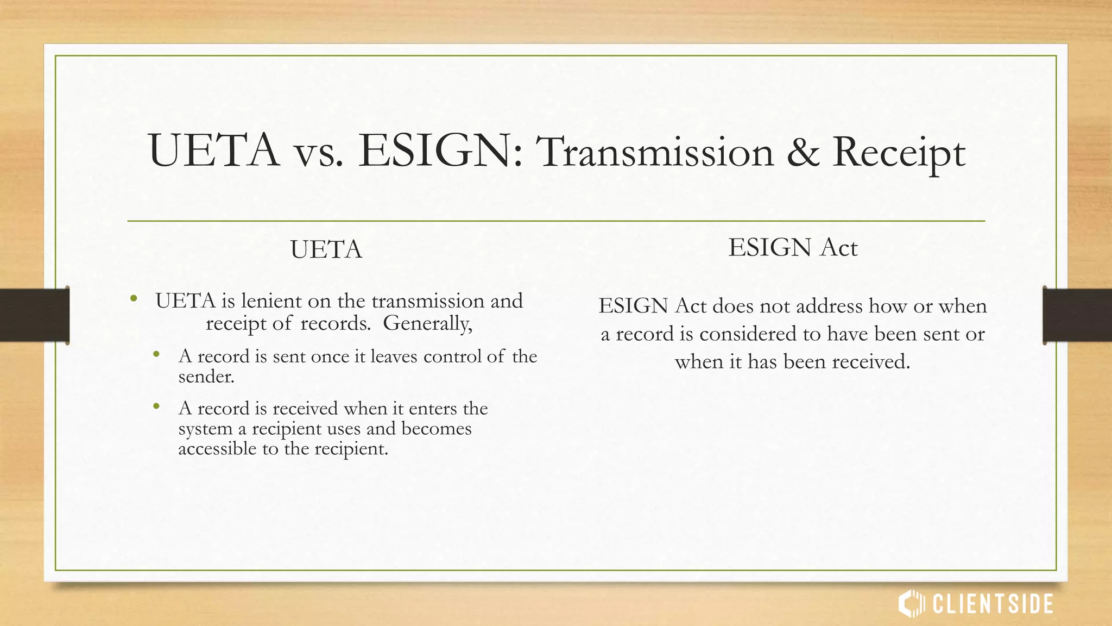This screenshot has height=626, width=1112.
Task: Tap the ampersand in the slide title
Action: [803, 153]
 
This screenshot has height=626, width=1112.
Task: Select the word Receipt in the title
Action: [899, 154]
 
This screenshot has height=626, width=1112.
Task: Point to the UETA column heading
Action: [326, 250]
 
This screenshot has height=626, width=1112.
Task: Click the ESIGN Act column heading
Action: [793, 248]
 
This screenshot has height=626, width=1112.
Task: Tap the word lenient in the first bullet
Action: [271, 301]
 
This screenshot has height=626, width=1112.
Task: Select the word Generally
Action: [427, 324]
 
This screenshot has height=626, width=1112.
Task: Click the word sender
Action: [206, 377]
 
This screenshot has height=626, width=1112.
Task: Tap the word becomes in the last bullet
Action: [436, 429]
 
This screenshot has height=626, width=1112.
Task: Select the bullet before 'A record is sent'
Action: [156, 354]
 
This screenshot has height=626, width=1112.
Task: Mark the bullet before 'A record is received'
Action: [156, 406]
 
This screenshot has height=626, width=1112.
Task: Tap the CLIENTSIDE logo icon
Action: [911, 604]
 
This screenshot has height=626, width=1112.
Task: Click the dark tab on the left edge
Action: [34, 315]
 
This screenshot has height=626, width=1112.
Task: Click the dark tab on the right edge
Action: [1077, 315]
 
